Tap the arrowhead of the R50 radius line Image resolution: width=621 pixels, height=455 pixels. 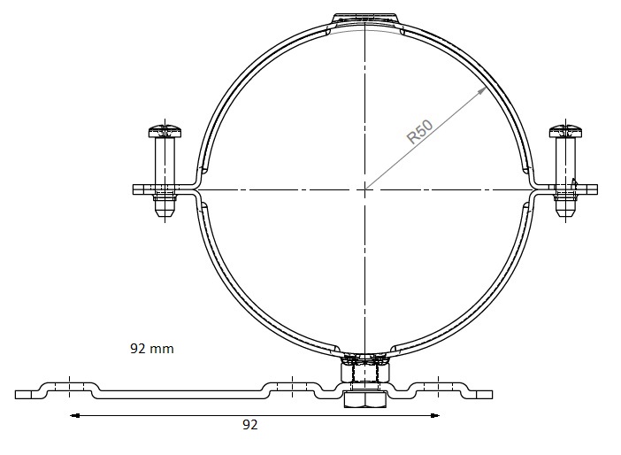tap(483, 90)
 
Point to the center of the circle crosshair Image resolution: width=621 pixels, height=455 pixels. tap(364, 189)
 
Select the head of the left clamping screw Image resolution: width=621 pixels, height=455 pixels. tap(164, 132)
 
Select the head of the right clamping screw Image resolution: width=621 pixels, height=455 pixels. tap(564, 132)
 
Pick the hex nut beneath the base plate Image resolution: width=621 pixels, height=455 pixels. tap(364, 401)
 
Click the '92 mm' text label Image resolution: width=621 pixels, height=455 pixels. tap(152, 349)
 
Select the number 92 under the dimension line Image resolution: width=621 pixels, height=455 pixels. tap(250, 426)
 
